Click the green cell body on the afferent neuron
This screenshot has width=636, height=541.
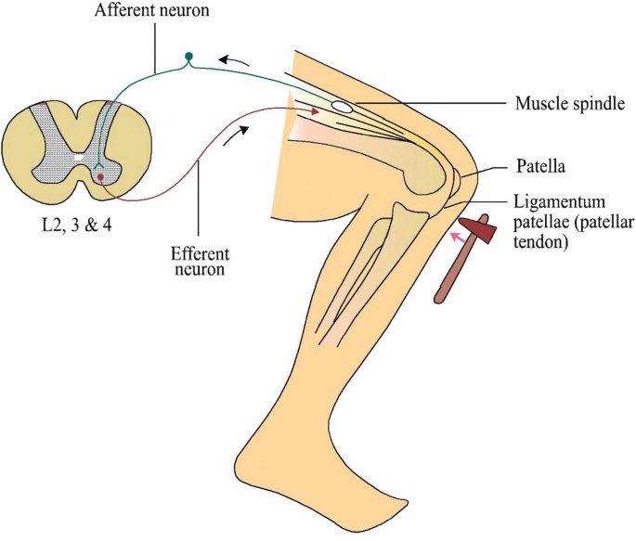tap(189, 57)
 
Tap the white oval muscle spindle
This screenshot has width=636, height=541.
tap(342, 108)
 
